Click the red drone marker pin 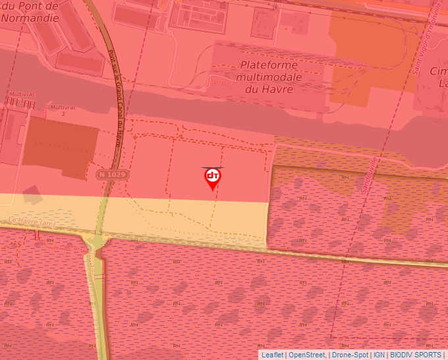coord(212,178)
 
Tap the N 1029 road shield coord(111,174)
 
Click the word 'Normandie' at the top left coord(30,18)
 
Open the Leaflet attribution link coord(272,355)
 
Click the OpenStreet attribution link coord(306,355)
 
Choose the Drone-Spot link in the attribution coord(350,355)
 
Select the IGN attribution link coord(379,355)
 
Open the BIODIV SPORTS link coord(415,355)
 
